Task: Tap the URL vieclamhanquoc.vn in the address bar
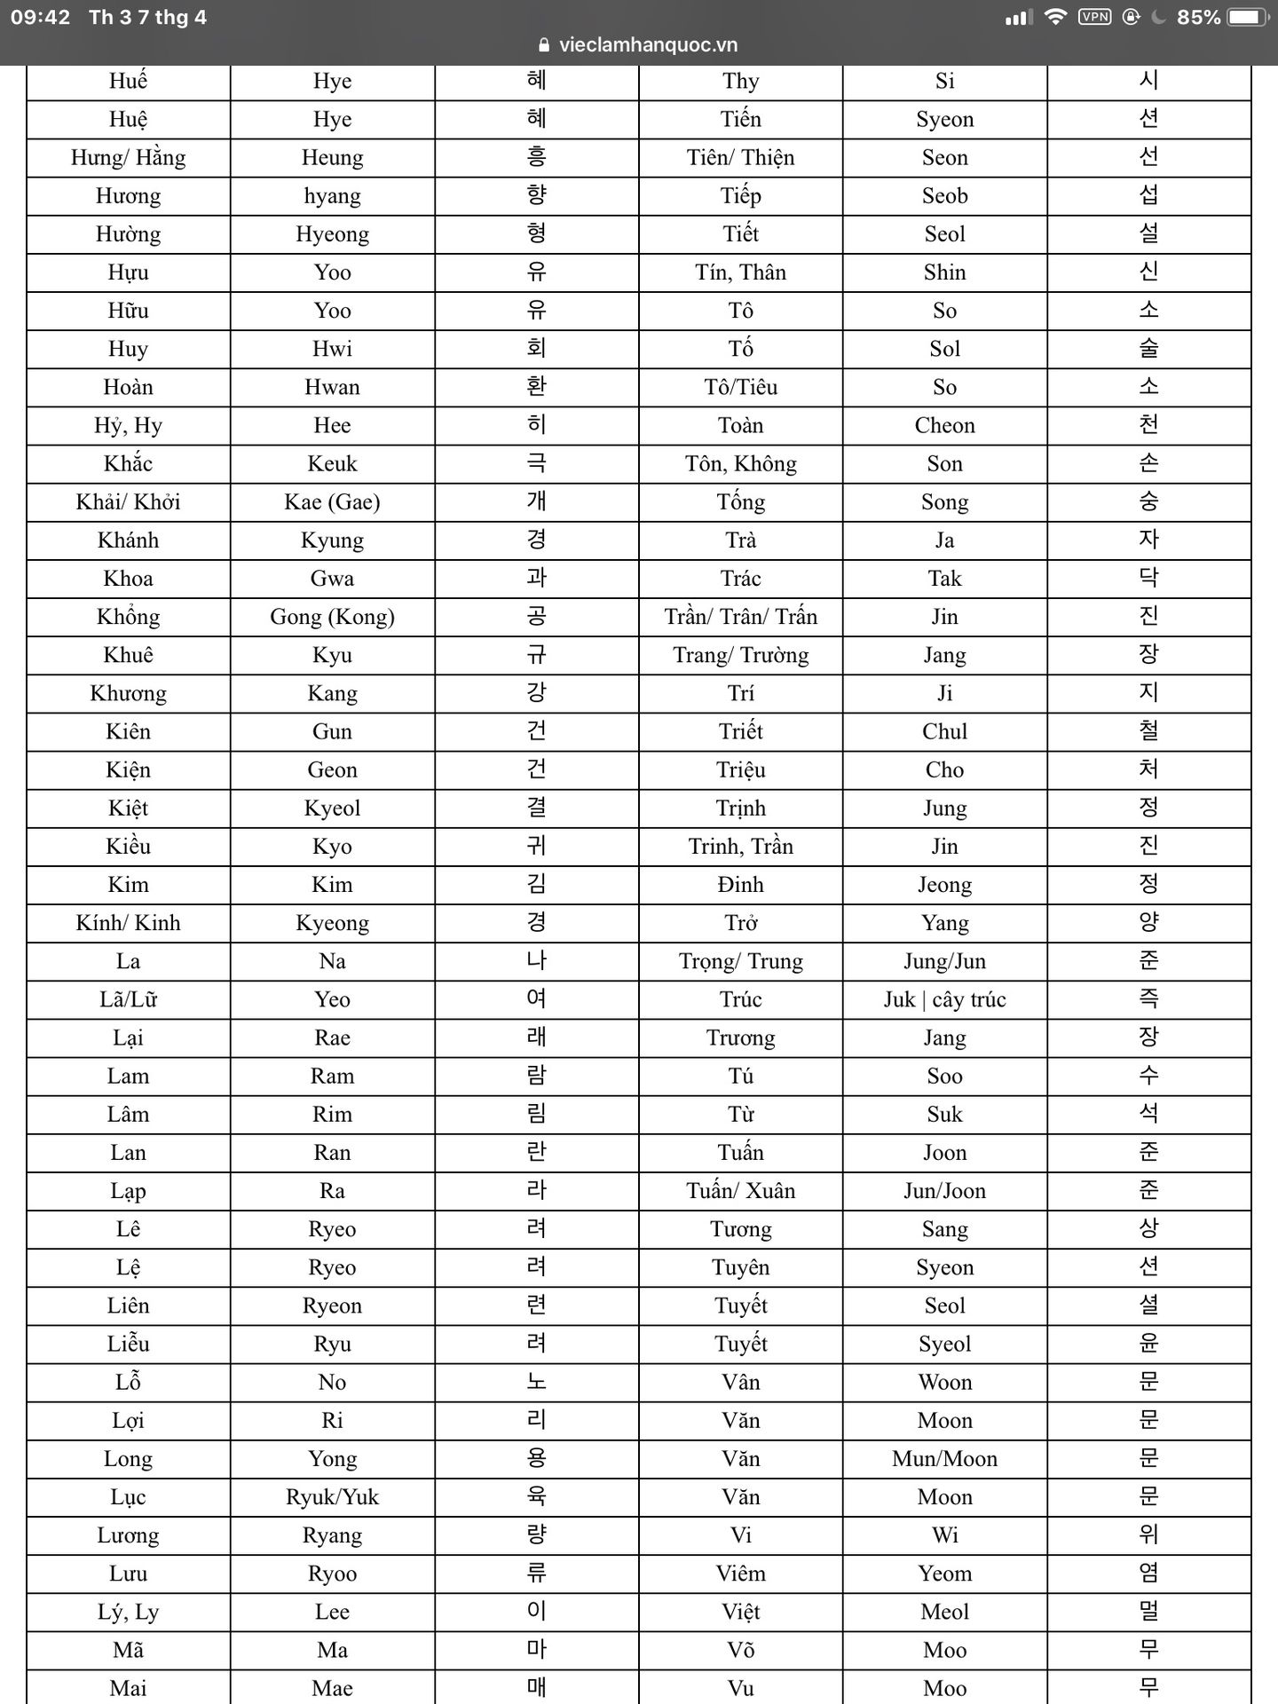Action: [x=648, y=45]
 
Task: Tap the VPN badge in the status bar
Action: [x=1094, y=17]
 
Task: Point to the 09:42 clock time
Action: [x=40, y=17]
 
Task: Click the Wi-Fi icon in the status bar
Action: [x=1055, y=17]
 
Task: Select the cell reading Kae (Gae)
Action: [x=332, y=502]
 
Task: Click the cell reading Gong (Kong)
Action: [x=332, y=617]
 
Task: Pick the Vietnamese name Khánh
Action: [x=128, y=540]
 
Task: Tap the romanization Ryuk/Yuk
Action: [x=332, y=1497]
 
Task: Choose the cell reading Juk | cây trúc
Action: [x=944, y=1000]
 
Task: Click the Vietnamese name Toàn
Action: [x=740, y=426]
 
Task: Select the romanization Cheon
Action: [x=944, y=426]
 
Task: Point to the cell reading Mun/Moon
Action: [x=944, y=1459]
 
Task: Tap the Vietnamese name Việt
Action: [x=740, y=1612]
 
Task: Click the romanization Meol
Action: [x=944, y=1612]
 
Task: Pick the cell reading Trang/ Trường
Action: [x=740, y=655]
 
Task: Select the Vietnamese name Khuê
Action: [x=128, y=655]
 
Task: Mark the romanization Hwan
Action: [x=332, y=388]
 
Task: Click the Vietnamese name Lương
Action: [x=128, y=1535]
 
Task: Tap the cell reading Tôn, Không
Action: [x=740, y=464]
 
